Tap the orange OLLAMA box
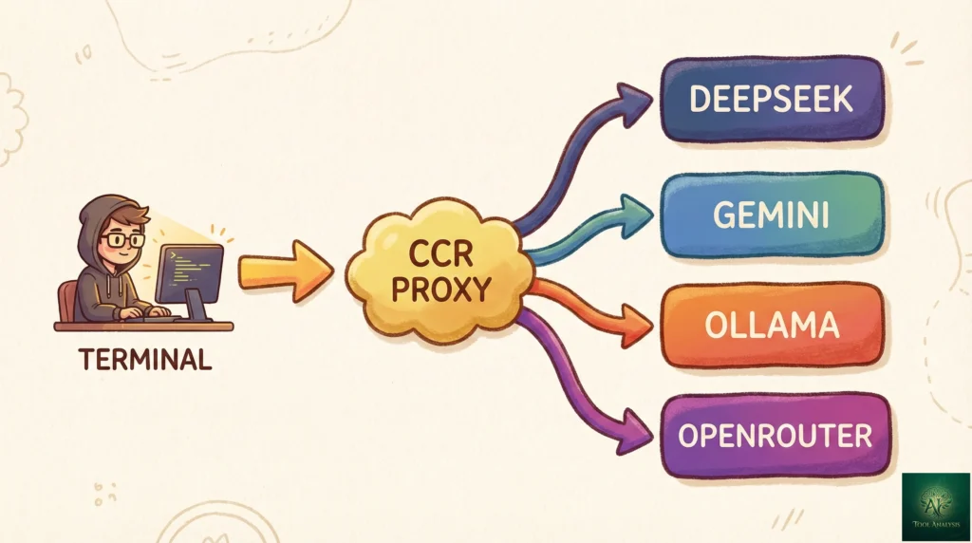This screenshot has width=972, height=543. tap(771, 326)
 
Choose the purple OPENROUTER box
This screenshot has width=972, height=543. tap(775, 436)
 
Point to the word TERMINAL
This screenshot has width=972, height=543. tap(144, 360)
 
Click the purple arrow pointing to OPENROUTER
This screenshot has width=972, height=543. tap(579, 389)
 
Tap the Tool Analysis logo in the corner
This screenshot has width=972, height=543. tap(935, 506)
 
